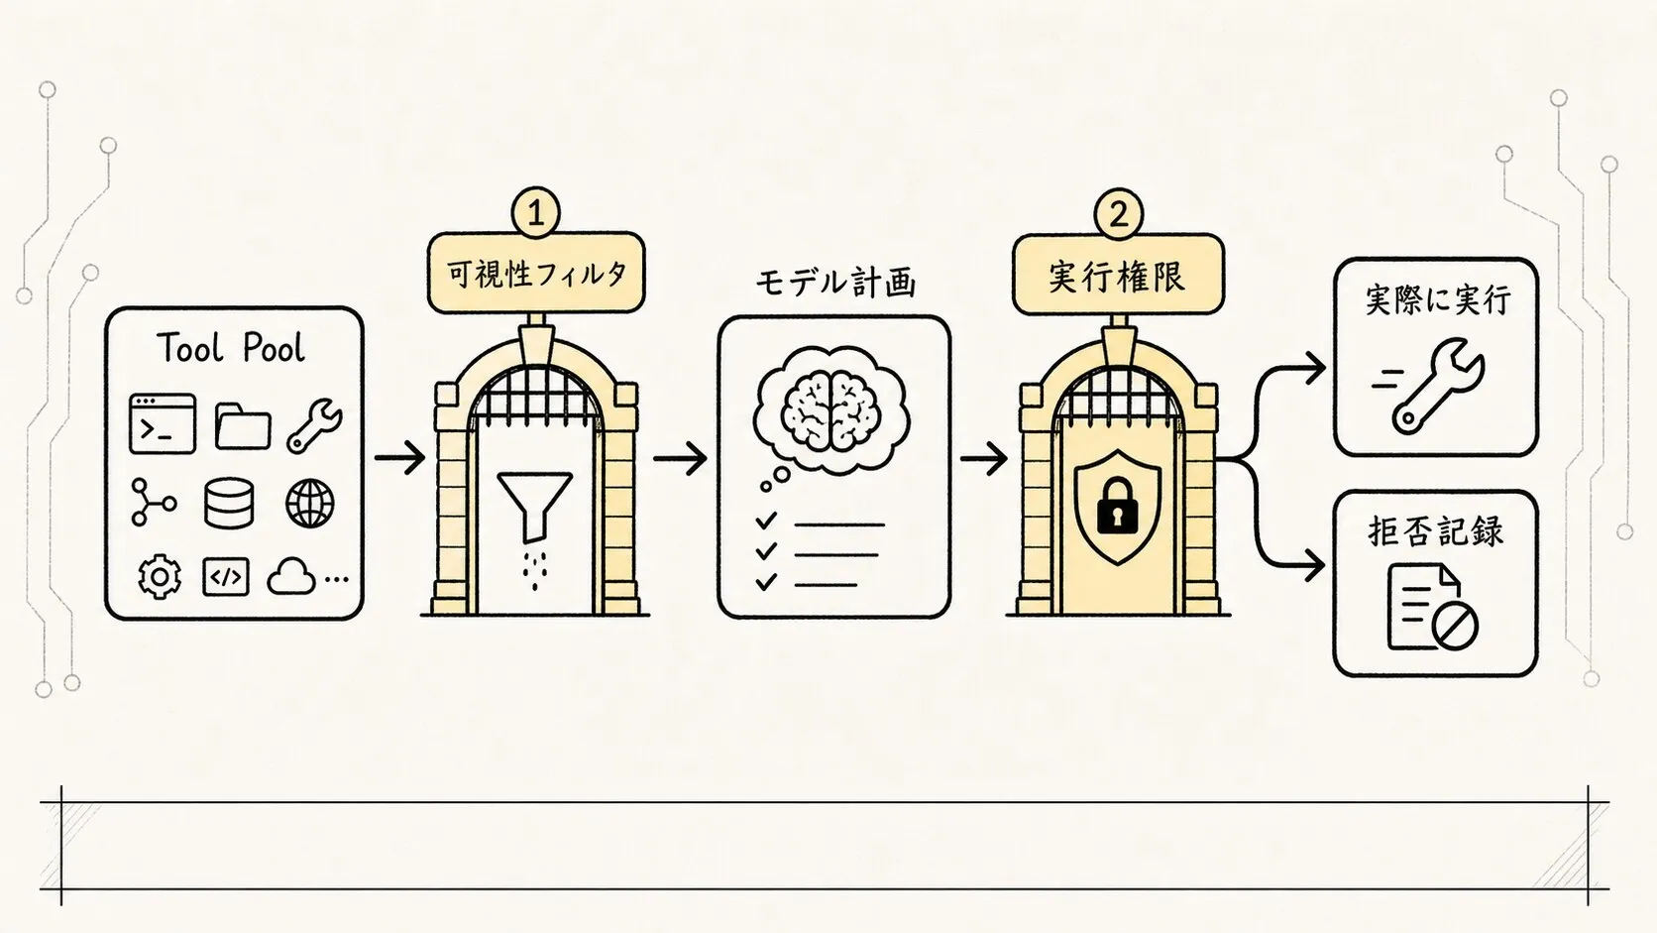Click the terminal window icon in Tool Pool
(162, 424)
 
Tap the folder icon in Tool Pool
(243, 425)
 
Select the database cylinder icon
(229, 503)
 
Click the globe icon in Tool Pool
(310, 503)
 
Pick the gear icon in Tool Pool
(159, 576)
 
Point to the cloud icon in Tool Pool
(290, 577)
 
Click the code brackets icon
(226, 577)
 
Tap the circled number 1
(535, 213)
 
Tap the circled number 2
(1119, 214)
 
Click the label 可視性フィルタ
(536, 274)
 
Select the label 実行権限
(1118, 276)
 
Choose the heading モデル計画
(834, 284)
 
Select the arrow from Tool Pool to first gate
(400, 458)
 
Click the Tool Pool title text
(231, 347)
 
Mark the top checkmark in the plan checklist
(766, 521)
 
